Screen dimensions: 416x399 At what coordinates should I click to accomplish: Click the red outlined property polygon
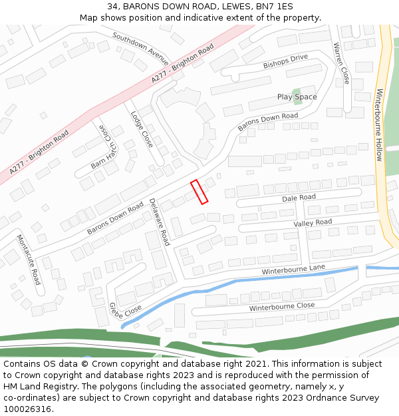pos(199,192)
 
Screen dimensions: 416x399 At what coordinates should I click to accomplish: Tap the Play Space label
pos(297,97)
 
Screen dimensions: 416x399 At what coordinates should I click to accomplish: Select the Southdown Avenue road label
pos(141,44)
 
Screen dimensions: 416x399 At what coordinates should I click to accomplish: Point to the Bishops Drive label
pos(285,62)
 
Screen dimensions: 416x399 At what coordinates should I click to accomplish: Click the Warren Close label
pos(341,63)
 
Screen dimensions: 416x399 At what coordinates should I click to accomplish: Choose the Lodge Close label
pos(142,129)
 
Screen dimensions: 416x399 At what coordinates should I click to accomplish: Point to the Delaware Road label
pos(160,222)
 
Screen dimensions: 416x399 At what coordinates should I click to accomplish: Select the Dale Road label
pos(299,198)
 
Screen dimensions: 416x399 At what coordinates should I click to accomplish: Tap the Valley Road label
pos(313,222)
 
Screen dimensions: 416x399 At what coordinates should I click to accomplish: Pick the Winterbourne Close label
pos(282,307)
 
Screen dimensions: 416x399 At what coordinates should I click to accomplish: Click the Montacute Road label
pos(29,260)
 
